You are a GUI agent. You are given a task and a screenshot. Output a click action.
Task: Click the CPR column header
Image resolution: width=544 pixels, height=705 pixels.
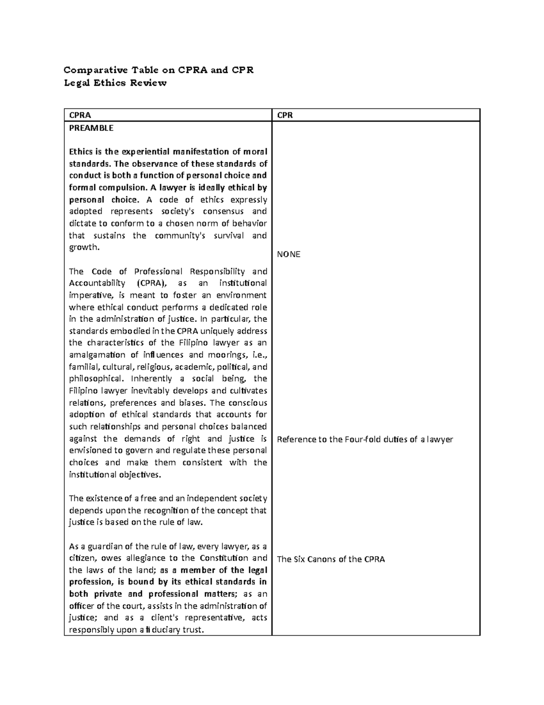[x=285, y=115]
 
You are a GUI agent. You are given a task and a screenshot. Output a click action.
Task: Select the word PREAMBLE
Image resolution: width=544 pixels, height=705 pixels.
[x=91, y=128]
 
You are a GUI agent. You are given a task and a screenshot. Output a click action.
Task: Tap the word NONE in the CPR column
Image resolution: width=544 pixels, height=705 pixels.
[x=288, y=254]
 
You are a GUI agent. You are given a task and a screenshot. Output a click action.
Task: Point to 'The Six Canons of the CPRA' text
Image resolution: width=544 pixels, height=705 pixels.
[x=330, y=559]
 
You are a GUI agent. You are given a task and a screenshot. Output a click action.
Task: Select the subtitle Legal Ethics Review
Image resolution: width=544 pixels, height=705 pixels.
[x=115, y=83]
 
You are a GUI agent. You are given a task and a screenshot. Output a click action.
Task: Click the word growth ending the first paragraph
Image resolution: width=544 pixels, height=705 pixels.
[x=83, y=247]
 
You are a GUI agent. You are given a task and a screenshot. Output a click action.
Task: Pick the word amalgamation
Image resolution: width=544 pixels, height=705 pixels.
[x=97, y=355]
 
